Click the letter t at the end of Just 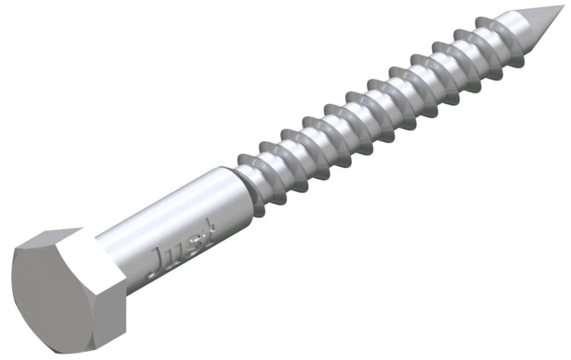(x=208, y=233)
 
